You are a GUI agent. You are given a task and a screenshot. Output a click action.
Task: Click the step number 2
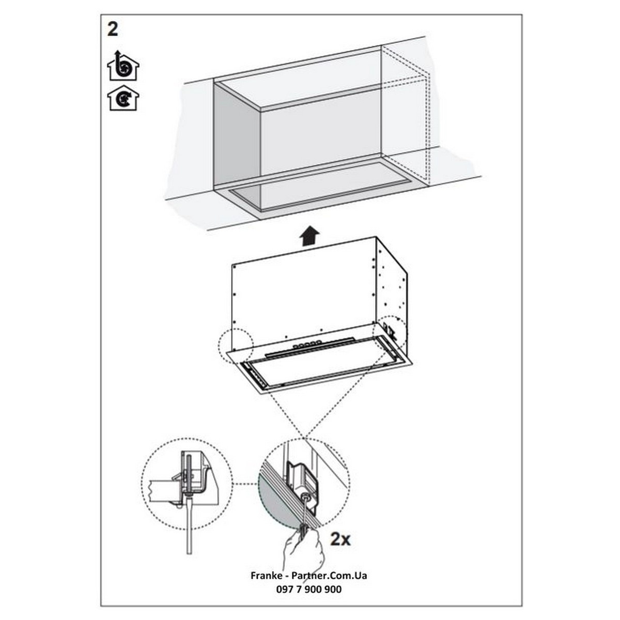(112, 29)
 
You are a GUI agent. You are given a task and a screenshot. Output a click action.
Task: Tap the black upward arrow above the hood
(309, 236)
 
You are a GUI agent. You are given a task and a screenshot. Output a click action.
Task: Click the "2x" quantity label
(340, 538)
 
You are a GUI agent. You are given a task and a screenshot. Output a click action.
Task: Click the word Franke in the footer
(266, 575)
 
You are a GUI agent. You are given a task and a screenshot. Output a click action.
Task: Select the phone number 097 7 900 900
(309, 589)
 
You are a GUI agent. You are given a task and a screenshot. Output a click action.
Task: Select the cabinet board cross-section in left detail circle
(164, 490)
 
